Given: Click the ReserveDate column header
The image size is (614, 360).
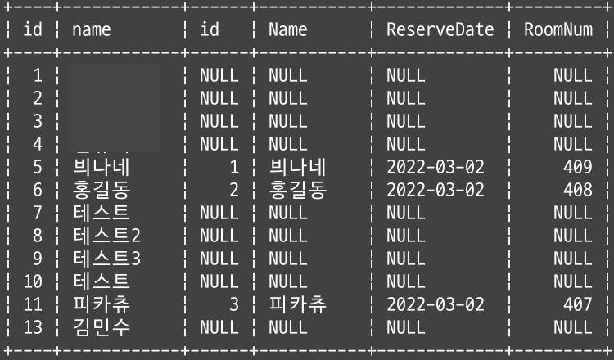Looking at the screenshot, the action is tap(440, 30).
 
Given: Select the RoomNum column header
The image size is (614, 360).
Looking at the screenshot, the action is tap(558, 30).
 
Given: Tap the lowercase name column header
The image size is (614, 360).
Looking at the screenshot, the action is tap(91, 30).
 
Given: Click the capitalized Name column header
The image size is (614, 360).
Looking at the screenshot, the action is tap(288, 30).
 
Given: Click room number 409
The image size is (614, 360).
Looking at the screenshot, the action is tap(578, 168).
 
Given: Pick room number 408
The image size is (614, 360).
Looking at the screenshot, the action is tap(578, 191).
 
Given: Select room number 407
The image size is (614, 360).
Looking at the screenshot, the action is tap(578, 305).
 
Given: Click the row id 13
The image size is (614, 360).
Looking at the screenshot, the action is tap(33, 328).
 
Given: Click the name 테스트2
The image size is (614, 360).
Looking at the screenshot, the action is tap(106, 236).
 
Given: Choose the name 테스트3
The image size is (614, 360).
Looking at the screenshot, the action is tap(106, 259).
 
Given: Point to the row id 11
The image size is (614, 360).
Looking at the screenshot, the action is tap(33, 305).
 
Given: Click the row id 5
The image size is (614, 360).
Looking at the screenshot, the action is tap(38, 168).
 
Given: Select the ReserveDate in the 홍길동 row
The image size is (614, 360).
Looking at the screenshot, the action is tap(435, 191).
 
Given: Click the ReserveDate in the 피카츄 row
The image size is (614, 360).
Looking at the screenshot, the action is tap(435, 305).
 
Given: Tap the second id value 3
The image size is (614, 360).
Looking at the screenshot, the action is tap(233, 305).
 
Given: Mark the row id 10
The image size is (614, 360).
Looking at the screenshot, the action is tap(33, 282).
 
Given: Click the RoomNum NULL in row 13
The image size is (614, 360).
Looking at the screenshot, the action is tap(572, 328).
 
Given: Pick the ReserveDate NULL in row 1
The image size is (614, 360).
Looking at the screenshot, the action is tap(405, 76).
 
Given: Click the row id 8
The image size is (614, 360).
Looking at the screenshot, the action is tap(38, 236).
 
